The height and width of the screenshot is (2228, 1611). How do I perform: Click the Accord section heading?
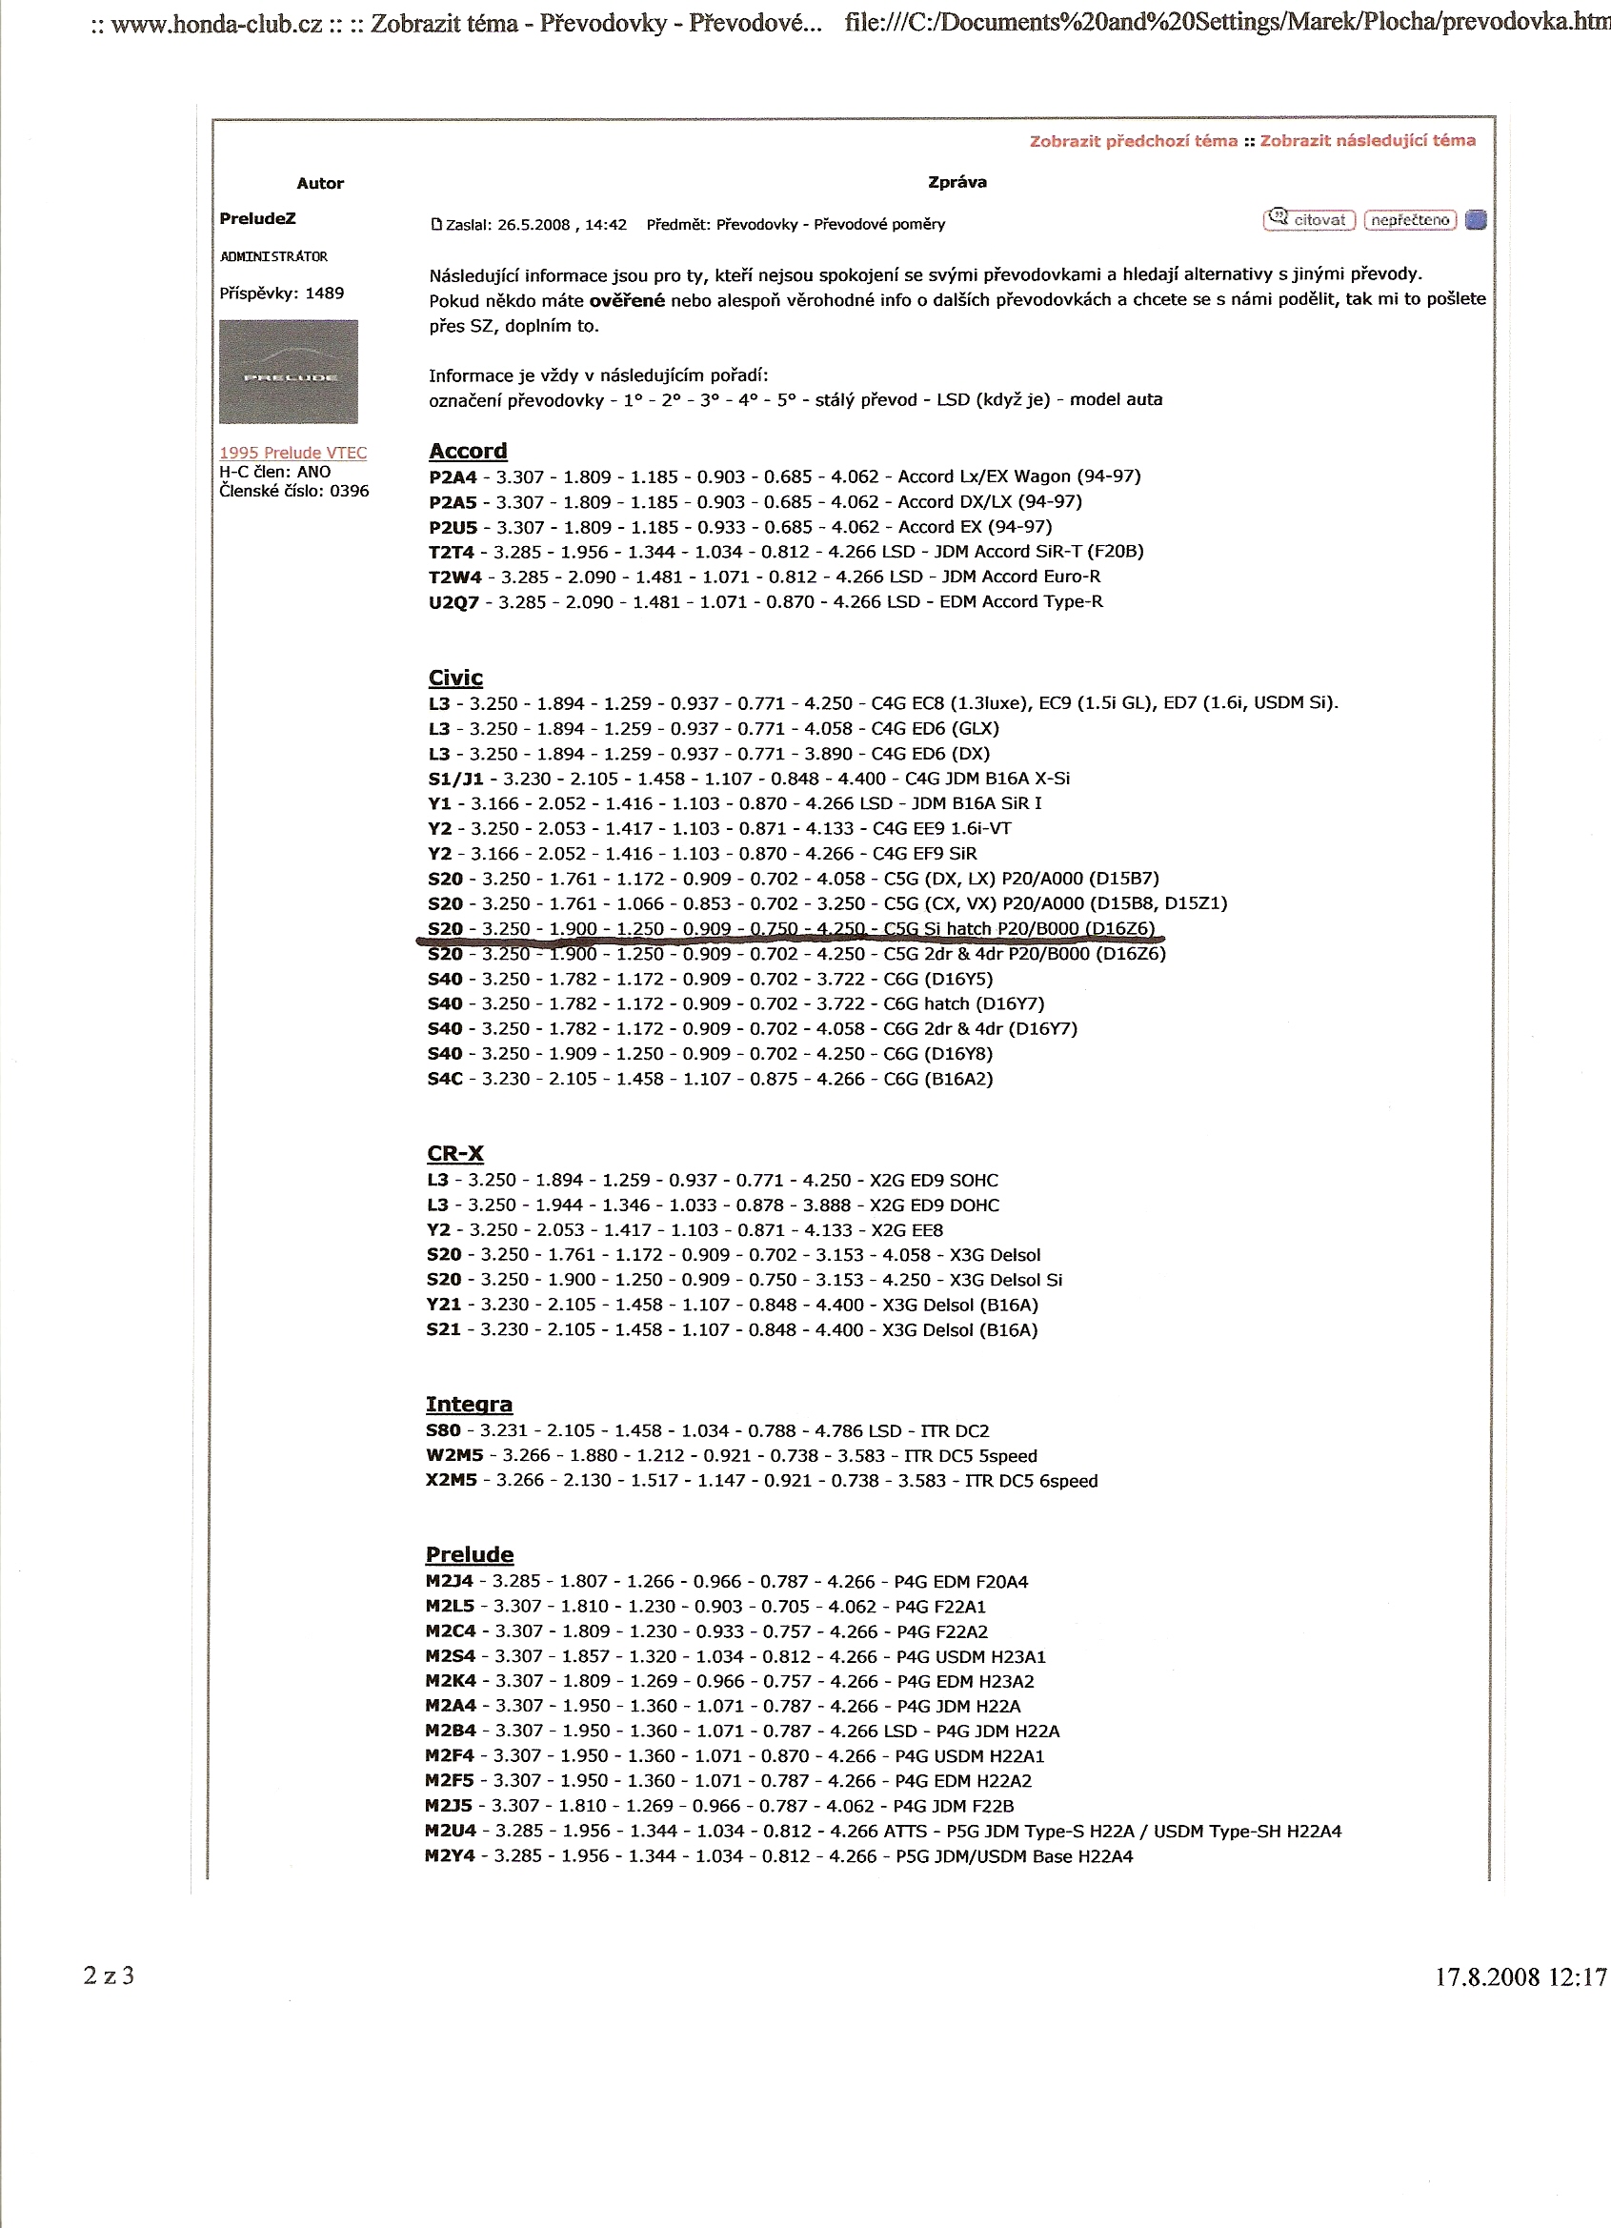coord(468,451)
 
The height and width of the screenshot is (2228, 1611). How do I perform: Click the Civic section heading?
coord(454,678)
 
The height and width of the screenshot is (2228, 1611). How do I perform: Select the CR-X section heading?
coord(454,1153)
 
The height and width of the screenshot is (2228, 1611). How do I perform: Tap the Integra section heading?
coord(469,1405)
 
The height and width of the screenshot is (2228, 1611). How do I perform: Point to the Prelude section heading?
coord(470,1555)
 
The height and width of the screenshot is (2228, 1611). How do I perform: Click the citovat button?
coord(1309,220)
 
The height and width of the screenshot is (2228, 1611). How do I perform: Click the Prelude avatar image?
coord(288,373)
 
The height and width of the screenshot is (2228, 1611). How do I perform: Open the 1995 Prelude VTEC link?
coord(292,453)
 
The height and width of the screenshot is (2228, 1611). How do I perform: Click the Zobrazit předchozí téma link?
coord(1133,141)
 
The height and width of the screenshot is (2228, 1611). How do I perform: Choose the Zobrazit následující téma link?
coord(1367,140)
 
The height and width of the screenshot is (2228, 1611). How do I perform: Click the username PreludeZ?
coord(257,218)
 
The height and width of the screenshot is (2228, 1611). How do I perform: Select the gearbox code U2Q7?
coord(453,602)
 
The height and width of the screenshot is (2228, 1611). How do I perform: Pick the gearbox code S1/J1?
coord(455,779)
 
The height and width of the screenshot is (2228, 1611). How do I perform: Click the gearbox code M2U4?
coord(450,1833)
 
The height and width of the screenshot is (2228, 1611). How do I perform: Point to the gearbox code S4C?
coord(445,1080)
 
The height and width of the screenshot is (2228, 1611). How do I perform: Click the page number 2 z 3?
coord(109,1975)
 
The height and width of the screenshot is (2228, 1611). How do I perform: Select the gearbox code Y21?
coord(443,1306)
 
